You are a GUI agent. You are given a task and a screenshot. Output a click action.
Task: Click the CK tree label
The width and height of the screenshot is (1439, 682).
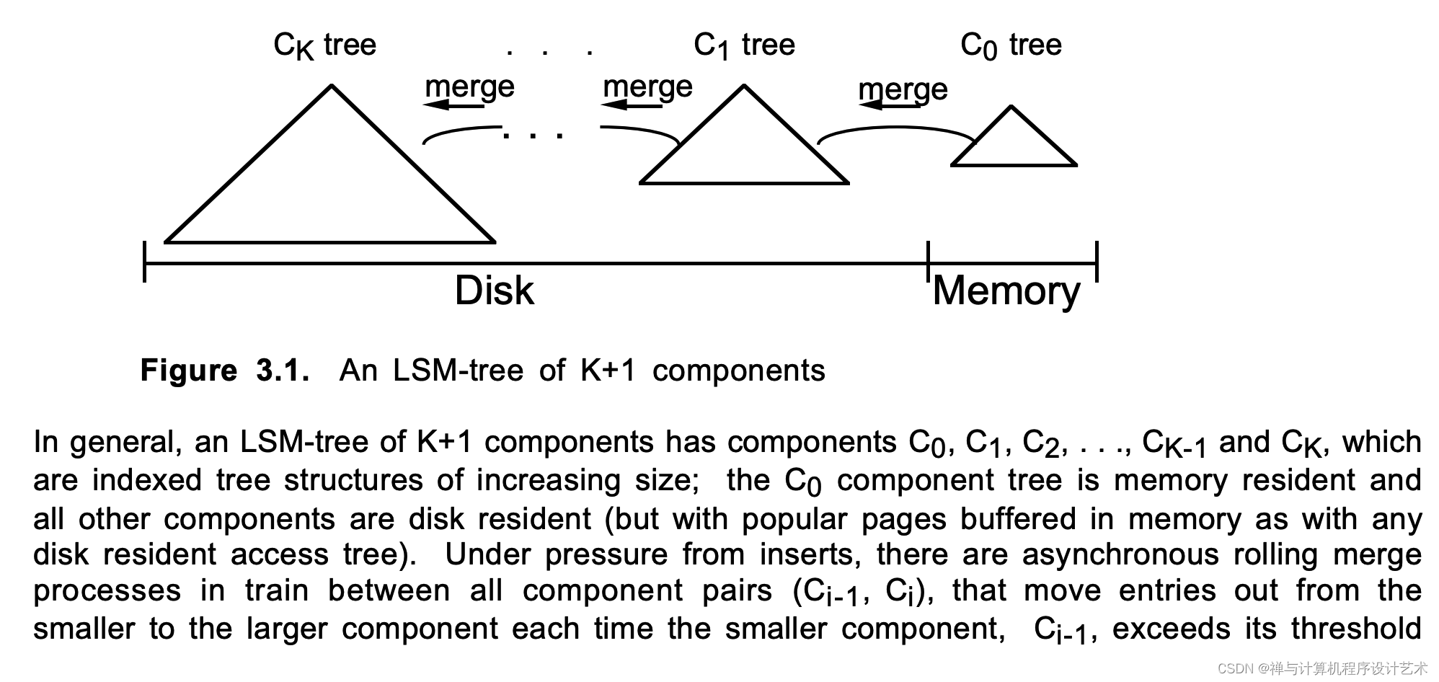pyautogui.click(x=324, y=45)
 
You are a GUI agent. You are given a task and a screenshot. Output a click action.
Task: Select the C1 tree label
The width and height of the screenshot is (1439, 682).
pyautogui.click(x=744, y=45)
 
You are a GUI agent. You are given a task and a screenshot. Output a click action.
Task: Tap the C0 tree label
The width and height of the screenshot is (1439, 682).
pyautogui.click(x=1011, y=45)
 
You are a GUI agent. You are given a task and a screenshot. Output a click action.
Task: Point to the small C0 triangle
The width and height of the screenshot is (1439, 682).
pyautogui.click(x=1013, y=143)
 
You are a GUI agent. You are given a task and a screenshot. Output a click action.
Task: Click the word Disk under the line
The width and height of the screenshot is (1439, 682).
pyautogui.click(x=495, y=291)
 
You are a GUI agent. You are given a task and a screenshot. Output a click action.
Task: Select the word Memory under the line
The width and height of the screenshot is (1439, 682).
pyautogui.click(x=1006, y=291)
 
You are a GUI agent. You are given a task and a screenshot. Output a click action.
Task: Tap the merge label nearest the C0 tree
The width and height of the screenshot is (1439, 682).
pyautogui.click(x=903, y=89)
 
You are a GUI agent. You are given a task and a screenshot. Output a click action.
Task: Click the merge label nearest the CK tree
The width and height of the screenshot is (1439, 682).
pyautogui.click(x=469, y=87)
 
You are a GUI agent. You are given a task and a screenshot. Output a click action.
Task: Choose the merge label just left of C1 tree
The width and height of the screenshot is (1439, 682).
pyautogui.click(x=647, y=87)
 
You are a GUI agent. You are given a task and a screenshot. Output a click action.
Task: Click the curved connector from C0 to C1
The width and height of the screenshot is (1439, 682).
pyautogui.click(x=894, y=130)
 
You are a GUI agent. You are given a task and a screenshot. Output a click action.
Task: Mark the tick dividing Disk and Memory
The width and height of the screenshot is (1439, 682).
pyautogui.click(x=928, y=262)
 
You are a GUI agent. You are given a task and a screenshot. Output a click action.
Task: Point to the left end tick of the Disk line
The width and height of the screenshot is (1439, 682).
pyautogui.click(x=145, y=262)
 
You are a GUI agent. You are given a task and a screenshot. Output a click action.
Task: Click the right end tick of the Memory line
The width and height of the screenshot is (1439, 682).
pyautogui.click(x=1097, y=262)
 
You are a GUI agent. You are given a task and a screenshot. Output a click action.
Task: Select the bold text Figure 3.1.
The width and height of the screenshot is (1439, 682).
pyautogui.click(x=225, y=371)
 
